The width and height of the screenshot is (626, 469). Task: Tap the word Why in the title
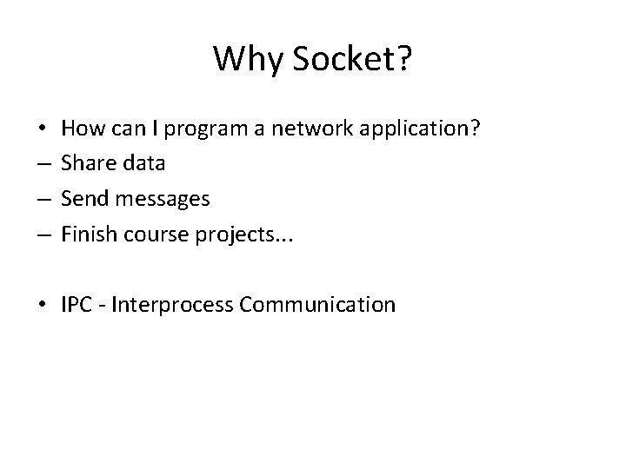(248, 60)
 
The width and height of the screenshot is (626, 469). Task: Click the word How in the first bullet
(80, 129)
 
